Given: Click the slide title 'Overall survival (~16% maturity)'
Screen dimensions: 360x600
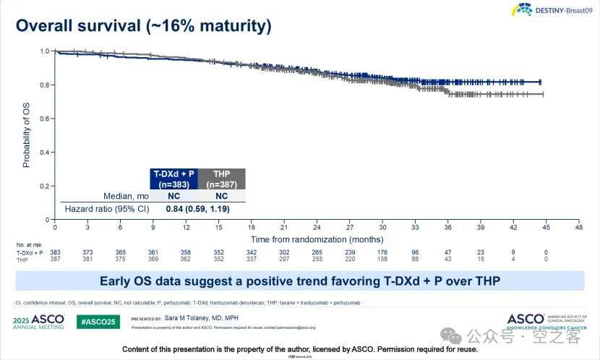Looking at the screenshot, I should [x=144, y=27].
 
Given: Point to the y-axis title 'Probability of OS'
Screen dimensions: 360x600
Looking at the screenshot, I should [x=27, y=135].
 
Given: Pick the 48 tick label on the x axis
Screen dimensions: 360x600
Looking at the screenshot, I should [x=578, y=227].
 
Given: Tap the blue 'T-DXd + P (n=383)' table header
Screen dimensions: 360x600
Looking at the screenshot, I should [x=173, y=179].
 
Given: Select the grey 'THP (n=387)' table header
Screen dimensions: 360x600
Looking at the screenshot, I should [x=221, y=179].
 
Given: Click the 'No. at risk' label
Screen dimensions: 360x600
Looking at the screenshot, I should [x=30, y=245].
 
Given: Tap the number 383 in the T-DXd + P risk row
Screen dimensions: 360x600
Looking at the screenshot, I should [x=55, y=252].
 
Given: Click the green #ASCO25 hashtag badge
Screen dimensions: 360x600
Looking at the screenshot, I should [x=98, y=322].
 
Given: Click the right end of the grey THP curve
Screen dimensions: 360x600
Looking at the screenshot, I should [x=541, y=94].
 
